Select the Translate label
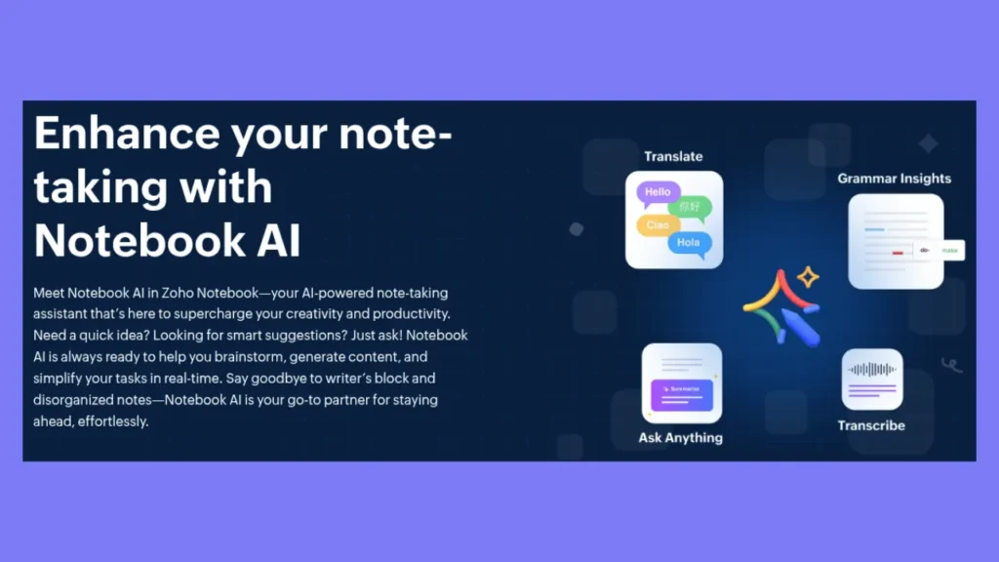pyautogui.click(x=673, y=156)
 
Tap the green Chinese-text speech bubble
pyautogui.click(x=691, y=208)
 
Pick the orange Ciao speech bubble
pyautogui.click(x=657, y=225)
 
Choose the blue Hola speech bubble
pyautogui.click(x=689, y=242)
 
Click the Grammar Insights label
pyautogui.click(x=894, y=179)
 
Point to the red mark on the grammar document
pyautogui.click(x=898, y=252)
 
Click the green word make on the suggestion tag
pyautogui.click(x=949, y=250)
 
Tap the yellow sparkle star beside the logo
pyautogui.click(x=808, y=279)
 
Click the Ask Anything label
pyautogui.click(x=681, y=437)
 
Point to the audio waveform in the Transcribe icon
pyautogui.click(x=871, y=370)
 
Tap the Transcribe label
pyautogui.click(x=871, y=425)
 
